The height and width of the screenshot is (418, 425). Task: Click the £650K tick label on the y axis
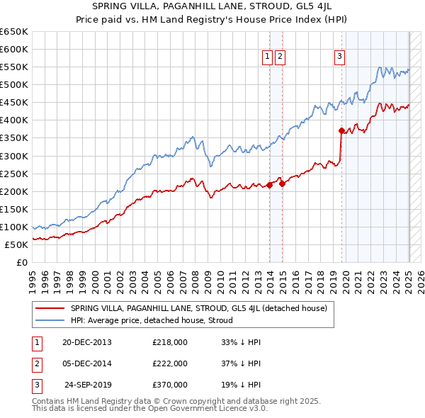(x=14, y=31)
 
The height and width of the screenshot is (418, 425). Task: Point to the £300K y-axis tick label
(x=14, y=156)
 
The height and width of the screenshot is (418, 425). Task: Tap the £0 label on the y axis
(x=22, y=262)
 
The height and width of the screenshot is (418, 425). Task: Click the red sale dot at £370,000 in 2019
(x=341, y=130)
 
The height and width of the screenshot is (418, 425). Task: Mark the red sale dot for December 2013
(x=270, y=185)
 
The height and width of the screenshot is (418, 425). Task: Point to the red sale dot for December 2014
(x=282, y=183)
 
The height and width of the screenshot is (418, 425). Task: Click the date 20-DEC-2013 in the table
(x=87, y=343)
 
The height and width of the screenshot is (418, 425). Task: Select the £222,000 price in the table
(x=170, y=363)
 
